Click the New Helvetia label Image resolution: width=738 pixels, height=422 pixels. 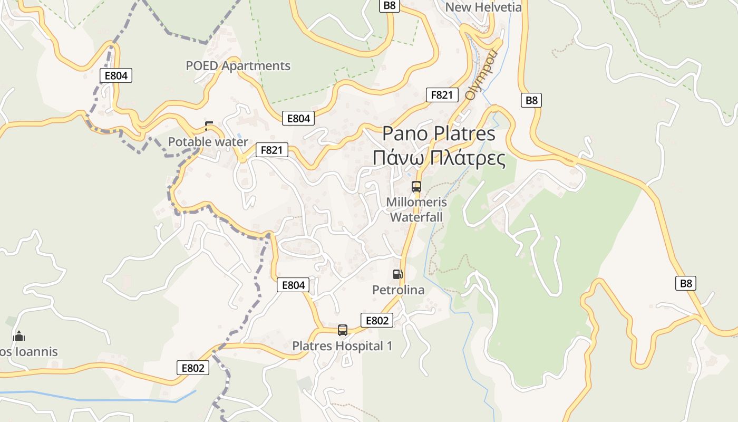[x=483, y=7]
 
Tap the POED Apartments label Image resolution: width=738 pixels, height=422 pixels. [x=238, y=66]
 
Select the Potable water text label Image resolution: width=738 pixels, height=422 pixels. [x=208, y=142]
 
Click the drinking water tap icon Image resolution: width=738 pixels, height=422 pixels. [x=209, y=126]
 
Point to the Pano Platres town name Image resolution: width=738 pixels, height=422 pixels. [x=439, y=133]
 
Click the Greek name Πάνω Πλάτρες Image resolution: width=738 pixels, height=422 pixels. [x=439, y=158]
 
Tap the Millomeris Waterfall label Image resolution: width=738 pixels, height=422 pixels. [x=416, y=209]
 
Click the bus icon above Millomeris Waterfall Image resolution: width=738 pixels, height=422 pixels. [x=416, y=186]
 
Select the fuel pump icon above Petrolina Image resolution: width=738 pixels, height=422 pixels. [x=397, y=274]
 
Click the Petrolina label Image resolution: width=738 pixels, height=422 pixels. [x=398, y=290]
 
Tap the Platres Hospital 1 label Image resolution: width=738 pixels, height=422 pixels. [x=342, y=346]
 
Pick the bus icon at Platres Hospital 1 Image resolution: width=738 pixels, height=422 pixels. [x=343, y=330]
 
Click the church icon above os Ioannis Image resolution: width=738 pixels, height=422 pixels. [x=19, y=336]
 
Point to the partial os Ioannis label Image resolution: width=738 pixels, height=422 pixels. [x=28, y=351]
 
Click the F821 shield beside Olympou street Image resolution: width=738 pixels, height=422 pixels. [x=442, y=95]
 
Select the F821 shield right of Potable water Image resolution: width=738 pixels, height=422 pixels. [x=272, y=150]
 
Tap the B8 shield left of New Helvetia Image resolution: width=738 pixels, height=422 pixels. [x=390, y=5]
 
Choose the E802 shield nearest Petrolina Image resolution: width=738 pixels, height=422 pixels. [x=377, y=320]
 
